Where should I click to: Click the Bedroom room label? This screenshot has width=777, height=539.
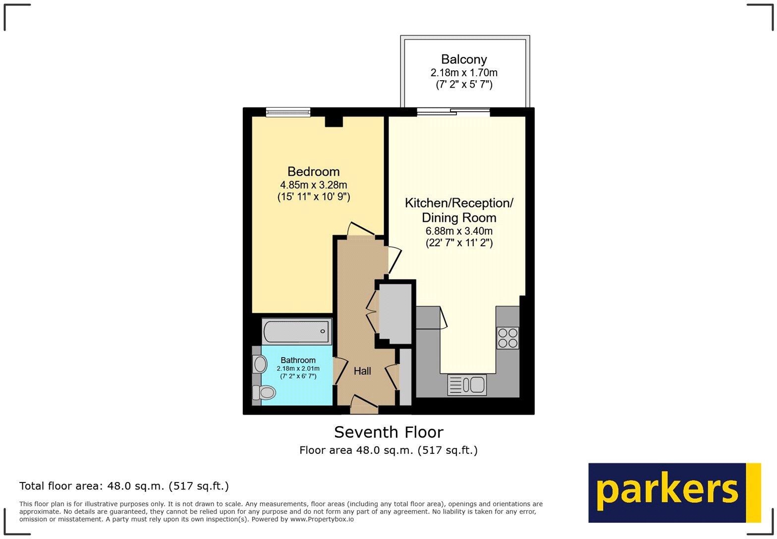pyautogui.click(x=313, y=172)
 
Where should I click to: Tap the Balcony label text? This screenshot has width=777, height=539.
pyautogui.click(x=464, y=60)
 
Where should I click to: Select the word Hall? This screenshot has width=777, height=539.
pyautogui.click(x=362, y=371)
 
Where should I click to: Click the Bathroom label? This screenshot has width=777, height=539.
pyautogui.click(x=298, y=360)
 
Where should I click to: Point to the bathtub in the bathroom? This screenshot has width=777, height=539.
pyautogui.click(x=296, y=331)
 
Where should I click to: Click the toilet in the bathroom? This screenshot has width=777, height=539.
pyautogui.click(x=264, y=393)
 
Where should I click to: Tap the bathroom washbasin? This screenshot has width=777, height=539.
pyautogui.click(x=259, y=364)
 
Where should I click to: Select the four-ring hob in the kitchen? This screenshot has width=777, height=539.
pyautogui.click(x=508, y=338)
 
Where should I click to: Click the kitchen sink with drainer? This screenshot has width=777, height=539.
pyautogui.click(x=467, y=384)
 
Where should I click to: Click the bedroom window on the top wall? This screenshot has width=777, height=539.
pyautogui.click(x=288, y=112)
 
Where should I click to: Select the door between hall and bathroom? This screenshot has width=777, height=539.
pyautogui.click(x=340, y=371)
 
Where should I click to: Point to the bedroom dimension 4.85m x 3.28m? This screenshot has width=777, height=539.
pyautogui.click(x=313, y=185)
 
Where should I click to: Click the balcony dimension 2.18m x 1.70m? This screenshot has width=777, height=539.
pyautogui.click(x=464, y=73)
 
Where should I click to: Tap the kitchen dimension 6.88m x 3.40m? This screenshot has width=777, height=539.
pyautogui.click(x=459, y=231)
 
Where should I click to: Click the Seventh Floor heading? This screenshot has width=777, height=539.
pyautogui.click(x=388, y=432)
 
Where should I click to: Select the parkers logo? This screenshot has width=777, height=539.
pyautogui.click(x=674, y=492)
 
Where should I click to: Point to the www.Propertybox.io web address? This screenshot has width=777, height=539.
pyautogui.click(x=322, y=519)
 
